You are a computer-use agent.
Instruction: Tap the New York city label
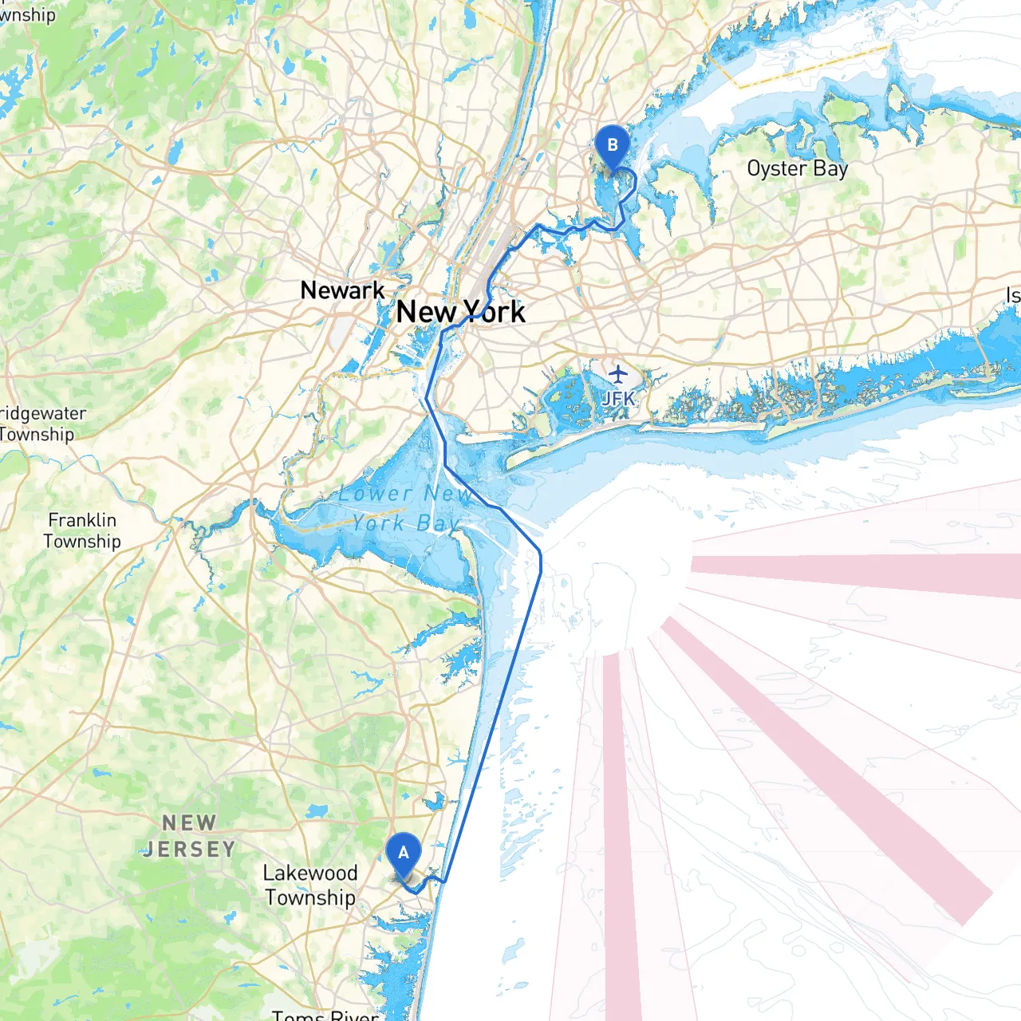coord(460,312)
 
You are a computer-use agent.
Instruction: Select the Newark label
coord(342,290)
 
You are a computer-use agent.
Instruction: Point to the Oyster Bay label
coord(797,169)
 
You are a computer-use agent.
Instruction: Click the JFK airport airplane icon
coord(618,373)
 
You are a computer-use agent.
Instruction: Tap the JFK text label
coord(618,398)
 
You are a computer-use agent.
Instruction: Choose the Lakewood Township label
coord(310,885)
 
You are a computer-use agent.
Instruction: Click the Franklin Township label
coord(82,530)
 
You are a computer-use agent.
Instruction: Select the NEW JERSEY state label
coord(189,835)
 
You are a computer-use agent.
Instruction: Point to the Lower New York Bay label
coord(405,508)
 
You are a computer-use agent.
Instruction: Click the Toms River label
coord(325,1015)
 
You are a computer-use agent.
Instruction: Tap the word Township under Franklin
coord(82,542)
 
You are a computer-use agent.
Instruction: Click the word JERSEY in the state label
coord(189,850)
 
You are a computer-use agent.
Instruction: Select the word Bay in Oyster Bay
coord(830,169)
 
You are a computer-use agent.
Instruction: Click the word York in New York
coord(494,312)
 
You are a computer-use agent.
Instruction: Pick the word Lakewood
coord(310,873)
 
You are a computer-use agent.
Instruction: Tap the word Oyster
coord(777,169)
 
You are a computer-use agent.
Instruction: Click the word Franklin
coord(82,520)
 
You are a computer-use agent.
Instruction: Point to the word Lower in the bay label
coord(375,494)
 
